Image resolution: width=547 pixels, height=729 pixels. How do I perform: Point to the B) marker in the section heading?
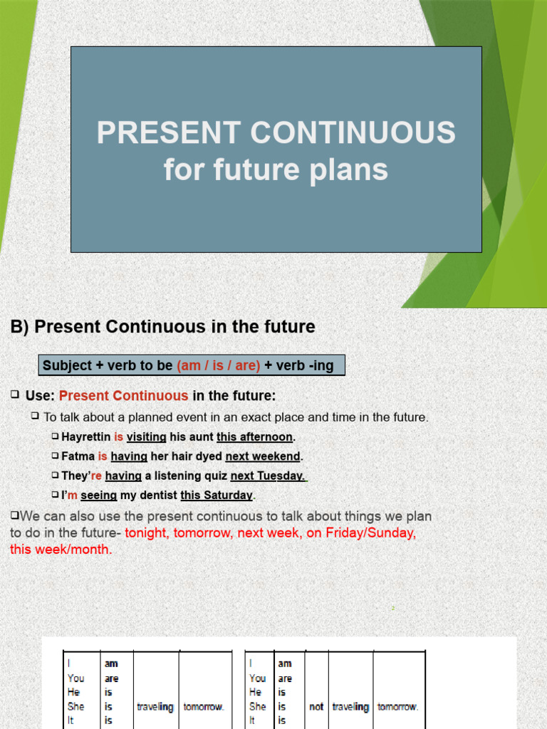click(x=19, y=327)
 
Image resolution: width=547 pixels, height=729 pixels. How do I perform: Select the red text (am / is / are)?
click(x=218, y=366)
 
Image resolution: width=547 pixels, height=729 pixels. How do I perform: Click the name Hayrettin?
click(x=86, y=436)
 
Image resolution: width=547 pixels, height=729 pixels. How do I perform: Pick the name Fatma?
click(x=78, y=456)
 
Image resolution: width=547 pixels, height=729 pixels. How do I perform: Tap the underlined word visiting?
click(x=146, y=436)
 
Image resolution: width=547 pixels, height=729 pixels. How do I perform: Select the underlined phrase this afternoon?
click(x=255, y=436)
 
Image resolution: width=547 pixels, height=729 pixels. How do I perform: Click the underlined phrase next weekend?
click(x=263, y=456)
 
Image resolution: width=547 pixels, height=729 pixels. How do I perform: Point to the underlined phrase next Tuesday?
click(x=267, y=476)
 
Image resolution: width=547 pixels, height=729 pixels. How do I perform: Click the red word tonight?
click(x=146, y=533)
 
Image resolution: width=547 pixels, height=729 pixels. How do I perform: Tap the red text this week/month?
click(x=61, y=550)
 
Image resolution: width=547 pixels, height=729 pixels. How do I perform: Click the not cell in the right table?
click(x=316, y=707)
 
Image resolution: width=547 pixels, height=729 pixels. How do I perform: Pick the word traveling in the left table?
click(x=155, y=707)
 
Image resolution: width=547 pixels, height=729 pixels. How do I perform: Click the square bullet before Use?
click(x=15, y=394)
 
